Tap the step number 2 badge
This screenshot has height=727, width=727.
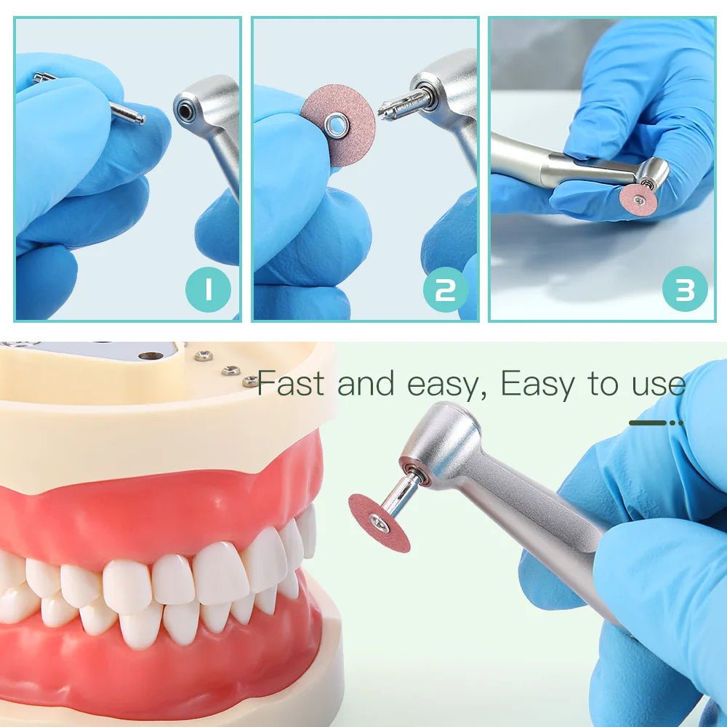(x=445, y=289)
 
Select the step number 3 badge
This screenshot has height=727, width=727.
(x=684, y=289)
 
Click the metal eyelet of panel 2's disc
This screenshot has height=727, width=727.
(x=337, y=126)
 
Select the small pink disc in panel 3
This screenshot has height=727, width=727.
(x=639, y=198)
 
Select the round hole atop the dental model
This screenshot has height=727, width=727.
(x=150, y=356)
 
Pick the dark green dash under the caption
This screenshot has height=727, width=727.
(x=648, y=422)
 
